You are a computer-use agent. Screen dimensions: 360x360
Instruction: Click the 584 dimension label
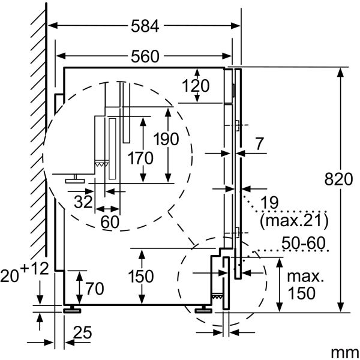[x=145, y=26]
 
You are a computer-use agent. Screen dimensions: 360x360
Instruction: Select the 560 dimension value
[x=145, y=57]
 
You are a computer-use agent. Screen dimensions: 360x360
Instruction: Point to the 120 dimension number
[x=196, y=86]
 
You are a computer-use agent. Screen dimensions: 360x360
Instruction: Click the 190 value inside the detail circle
[x=166, y=139]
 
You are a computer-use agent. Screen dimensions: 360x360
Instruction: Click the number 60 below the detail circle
[x=110, y=221]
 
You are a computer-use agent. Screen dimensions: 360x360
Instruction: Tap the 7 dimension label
[x=259, y=144]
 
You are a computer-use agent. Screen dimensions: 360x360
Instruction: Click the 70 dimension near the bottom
[x=91, y=289]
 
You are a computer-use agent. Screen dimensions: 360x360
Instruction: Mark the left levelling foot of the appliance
[x=73, y=309]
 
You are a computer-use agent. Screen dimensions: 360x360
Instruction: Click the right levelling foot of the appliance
[x=202, y=309]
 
